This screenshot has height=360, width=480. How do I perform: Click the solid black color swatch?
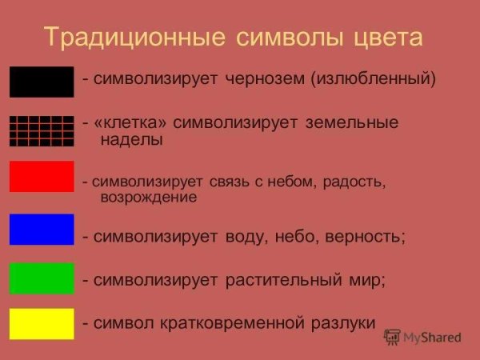[x=42, y=82]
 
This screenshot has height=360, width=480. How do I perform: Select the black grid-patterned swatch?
[x=42, y=131]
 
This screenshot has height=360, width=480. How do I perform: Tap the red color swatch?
[x=42, y=177]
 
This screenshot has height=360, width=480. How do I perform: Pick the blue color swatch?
[x=42, y=230]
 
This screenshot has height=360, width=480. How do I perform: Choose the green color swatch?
[x=42, y=278]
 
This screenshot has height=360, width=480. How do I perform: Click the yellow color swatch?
[x=42, y=324]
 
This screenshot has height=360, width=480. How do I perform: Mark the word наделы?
[x=131, y=140]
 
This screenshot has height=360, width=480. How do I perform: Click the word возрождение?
[x=148, y=198]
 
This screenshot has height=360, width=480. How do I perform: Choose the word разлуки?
[x=344, y=323]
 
